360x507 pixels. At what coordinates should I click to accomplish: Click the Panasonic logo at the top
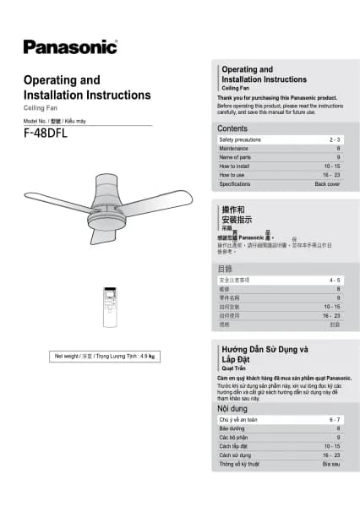[x=70, y=46]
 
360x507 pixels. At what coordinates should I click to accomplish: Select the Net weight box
[x=105, y=356]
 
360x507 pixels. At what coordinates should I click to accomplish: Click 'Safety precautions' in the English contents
[x=240, y=139]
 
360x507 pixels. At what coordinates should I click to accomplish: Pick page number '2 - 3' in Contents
[x=335, y=139]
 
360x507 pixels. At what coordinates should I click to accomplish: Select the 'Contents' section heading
[x=232, y=128]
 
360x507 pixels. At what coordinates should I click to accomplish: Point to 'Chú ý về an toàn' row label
[x=239, y=419]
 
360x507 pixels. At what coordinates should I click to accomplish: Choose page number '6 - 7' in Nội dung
[x=335, y=419]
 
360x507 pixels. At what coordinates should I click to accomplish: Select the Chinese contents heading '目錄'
[x=226, y=269]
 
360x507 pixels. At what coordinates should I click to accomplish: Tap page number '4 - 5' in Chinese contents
[x=335, y=279]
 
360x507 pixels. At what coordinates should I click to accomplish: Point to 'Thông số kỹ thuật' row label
[x=242, y=464]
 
